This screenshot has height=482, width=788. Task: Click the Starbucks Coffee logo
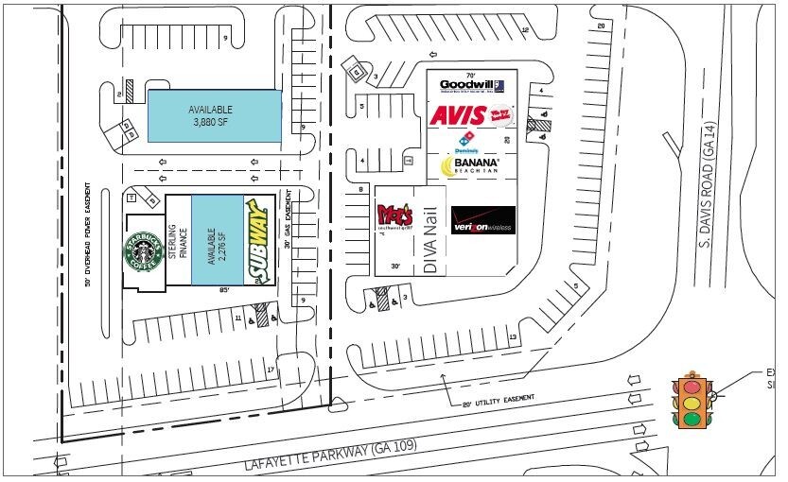[143, 252]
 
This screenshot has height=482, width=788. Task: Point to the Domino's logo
[466, 144]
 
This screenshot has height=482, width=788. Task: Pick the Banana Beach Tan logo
[469, 166]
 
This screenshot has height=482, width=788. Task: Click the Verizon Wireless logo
[482, 221]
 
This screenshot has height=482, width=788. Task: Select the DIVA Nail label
[432, 242]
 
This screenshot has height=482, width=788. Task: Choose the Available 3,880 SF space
[214, 116]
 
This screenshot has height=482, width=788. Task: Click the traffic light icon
[692, 401]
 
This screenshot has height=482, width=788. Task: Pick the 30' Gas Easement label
[286, 234]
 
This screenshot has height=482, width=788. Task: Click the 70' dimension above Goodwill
[470, 74]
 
